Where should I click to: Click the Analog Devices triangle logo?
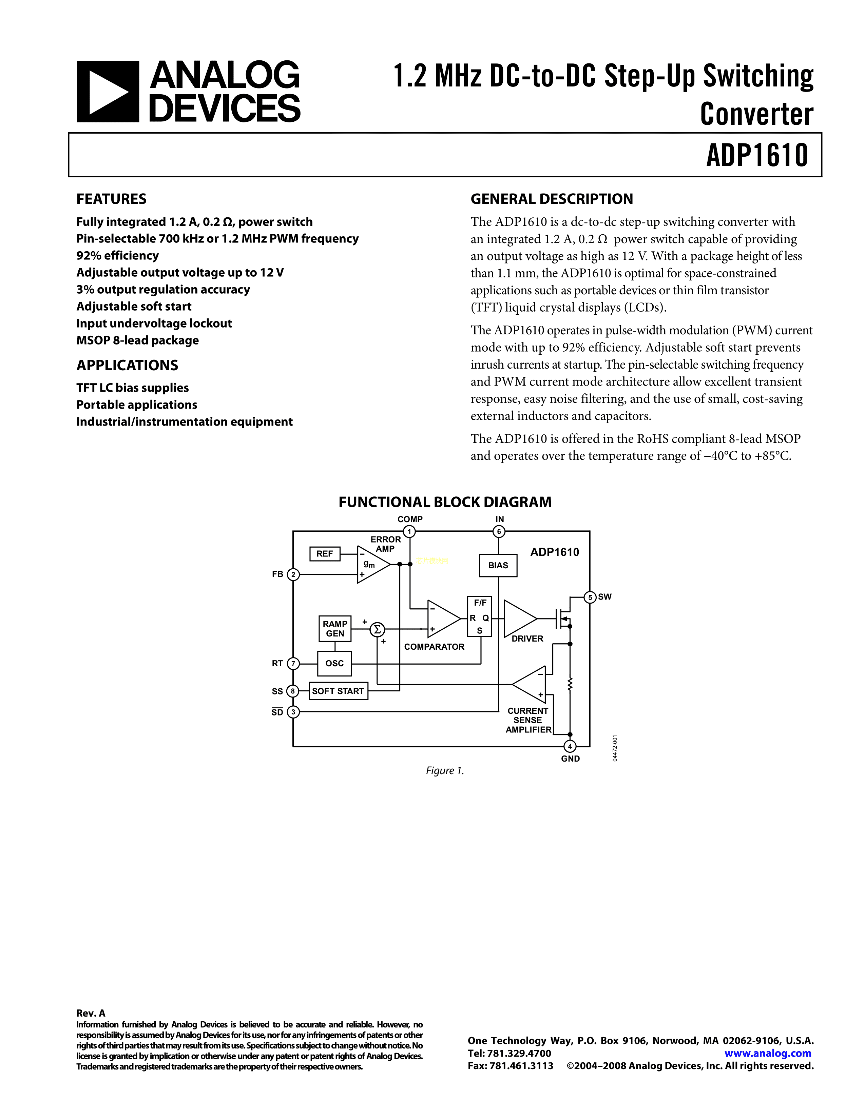108,92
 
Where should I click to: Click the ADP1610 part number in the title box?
757,155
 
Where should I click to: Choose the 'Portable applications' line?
136,405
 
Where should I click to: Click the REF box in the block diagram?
324,554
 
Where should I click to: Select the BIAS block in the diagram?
498,565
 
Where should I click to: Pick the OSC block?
334,664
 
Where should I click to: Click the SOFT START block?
338,691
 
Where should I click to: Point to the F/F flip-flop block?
480,616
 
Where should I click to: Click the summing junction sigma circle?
377,629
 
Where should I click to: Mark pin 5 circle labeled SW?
590,597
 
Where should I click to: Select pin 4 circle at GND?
570,747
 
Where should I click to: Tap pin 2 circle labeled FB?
293,575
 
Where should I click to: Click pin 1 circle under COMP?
409,531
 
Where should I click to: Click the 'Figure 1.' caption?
445,771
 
